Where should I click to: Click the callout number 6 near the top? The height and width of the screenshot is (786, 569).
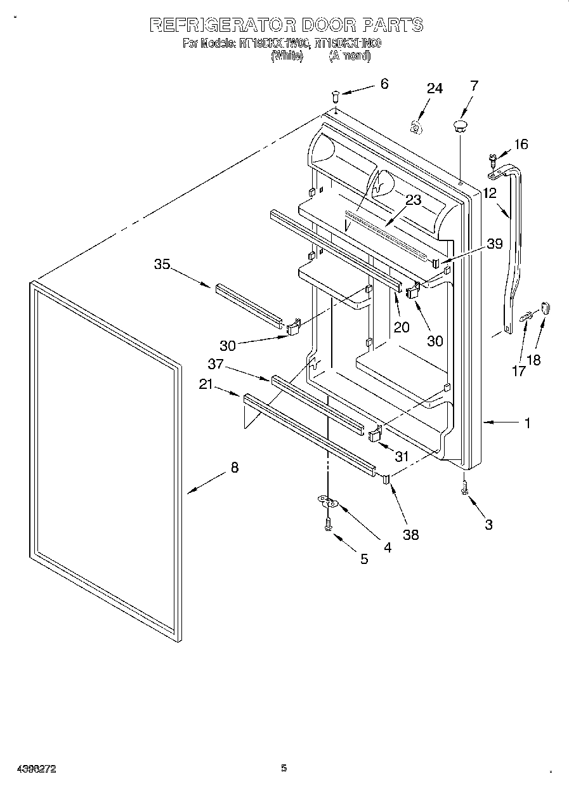(384, 84)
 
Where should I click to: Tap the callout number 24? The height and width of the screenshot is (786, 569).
(434, 89)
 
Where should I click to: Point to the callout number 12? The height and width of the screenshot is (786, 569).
(490, 193)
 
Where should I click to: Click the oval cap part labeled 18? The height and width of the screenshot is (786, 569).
(547, 309)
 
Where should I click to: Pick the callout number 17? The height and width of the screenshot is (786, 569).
(518, 371)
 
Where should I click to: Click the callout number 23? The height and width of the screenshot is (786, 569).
(413, 200)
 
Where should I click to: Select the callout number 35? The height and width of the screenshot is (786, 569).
(162, 264)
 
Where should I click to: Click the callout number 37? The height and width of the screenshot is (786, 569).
(216, 364)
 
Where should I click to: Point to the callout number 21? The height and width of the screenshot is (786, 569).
(204, 384)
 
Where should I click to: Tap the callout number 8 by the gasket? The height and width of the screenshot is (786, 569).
(235, 468)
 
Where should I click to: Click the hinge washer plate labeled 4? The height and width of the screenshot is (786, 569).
(328, 502)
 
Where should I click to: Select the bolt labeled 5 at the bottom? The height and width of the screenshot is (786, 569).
(329, 524)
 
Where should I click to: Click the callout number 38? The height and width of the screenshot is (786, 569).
(411, 535)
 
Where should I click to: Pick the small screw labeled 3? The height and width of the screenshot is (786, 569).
(465, 488)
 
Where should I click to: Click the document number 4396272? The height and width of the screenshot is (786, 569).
(30, 768)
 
